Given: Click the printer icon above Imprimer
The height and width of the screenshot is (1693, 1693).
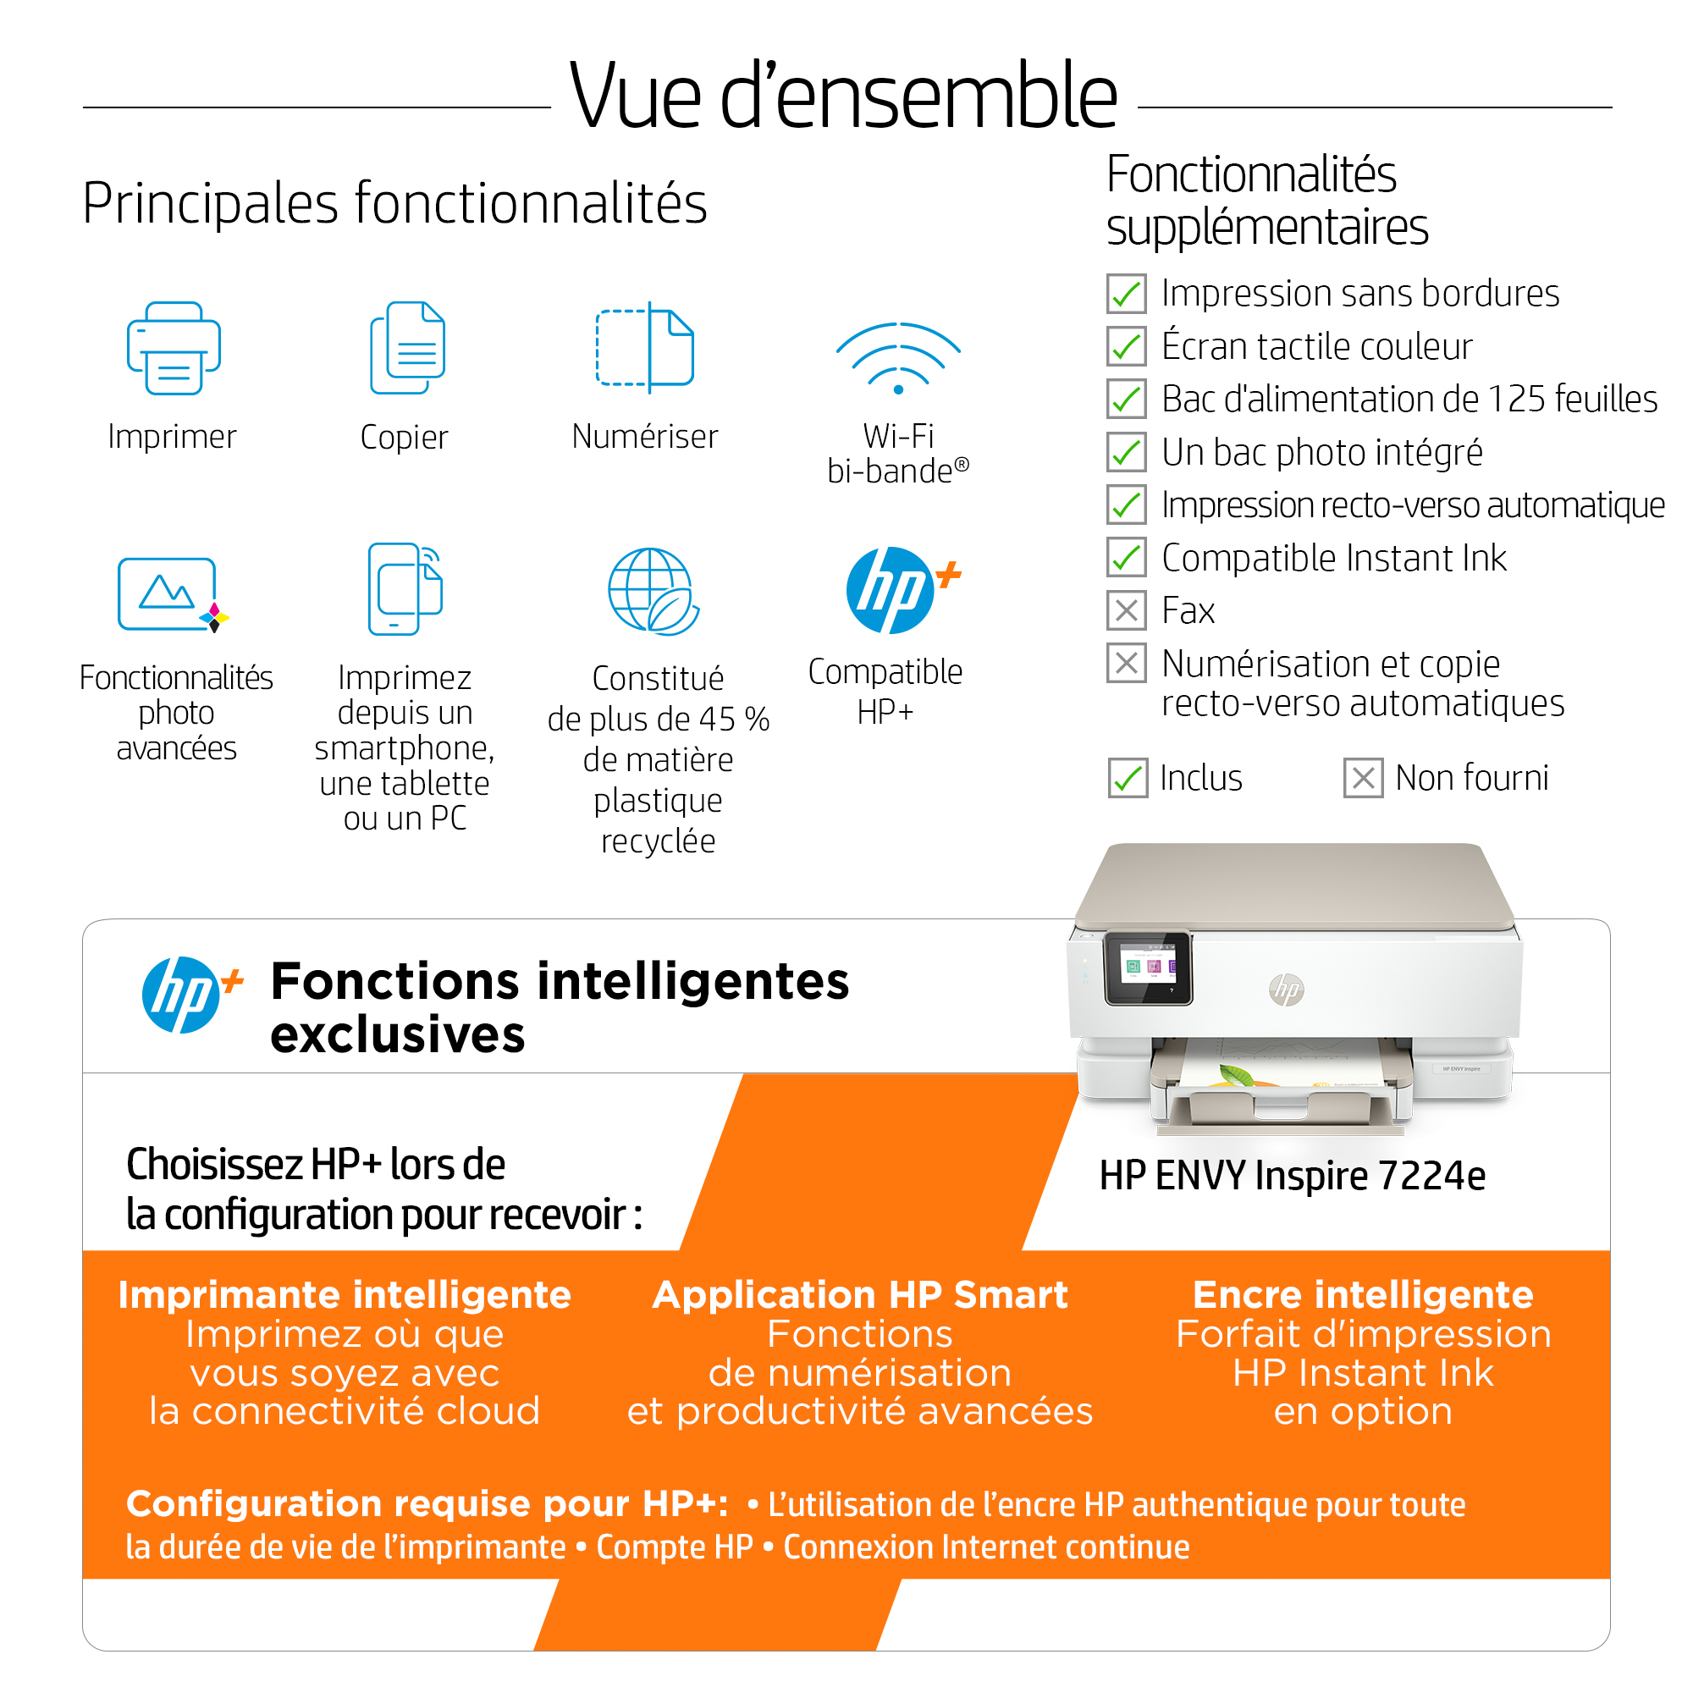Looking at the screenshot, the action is tap(174, 348).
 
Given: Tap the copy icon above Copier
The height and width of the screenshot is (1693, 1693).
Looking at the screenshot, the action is tap(407, 348).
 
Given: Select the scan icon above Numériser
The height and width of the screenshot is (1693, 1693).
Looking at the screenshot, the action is tap(645, 347).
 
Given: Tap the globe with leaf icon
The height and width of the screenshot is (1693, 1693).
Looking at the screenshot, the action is tap(653, 592).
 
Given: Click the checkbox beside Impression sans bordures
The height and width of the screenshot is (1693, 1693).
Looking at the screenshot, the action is tap(1126, 294).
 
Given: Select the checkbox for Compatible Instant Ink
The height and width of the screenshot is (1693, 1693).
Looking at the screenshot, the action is tap(1126, 557).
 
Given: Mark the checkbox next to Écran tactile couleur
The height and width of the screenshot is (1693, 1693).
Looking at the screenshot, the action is tap(1126, 346).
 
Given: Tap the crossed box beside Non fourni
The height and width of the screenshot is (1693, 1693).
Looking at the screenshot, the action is tap(1364, 778).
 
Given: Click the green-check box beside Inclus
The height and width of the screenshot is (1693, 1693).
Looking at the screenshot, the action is tap(1128, 778).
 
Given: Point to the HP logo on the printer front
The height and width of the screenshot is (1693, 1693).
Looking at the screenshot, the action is tap(1287, 990).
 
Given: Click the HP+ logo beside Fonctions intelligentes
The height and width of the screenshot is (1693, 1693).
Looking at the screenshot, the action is tap(191, 995).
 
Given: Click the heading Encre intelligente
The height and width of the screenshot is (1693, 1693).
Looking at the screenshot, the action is tap(1363, 1294).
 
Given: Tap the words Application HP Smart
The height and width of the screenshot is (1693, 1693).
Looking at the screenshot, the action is tap(860, 1294).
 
